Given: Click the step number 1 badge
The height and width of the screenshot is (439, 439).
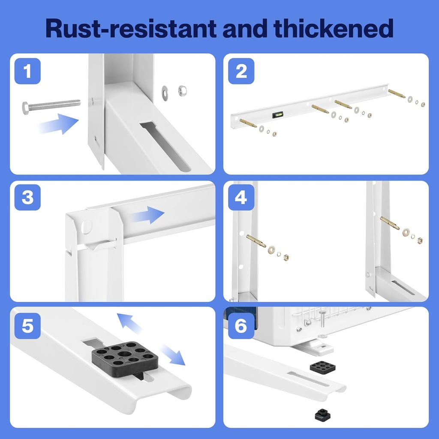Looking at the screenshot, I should coord(27,71).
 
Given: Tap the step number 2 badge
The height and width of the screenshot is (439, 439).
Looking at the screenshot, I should coord(241,71).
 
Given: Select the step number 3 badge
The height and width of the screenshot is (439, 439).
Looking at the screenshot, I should coord(27,198).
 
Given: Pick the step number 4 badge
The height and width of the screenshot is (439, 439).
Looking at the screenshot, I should coord(241,198).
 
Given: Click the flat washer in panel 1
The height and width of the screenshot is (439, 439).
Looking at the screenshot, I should coord(165,90).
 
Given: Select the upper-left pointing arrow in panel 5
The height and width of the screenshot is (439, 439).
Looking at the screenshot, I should coord(130,322).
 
